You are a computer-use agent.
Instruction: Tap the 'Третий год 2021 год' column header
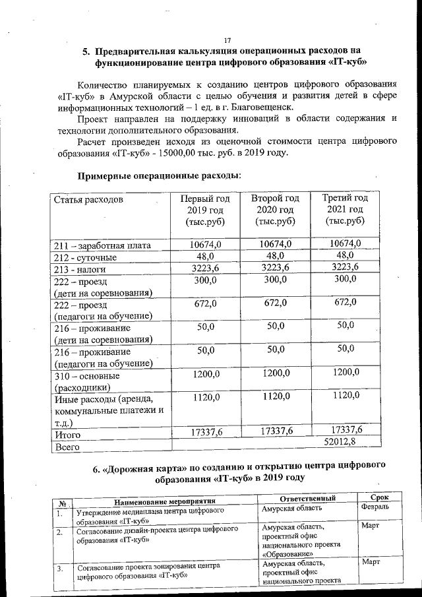point(345,209)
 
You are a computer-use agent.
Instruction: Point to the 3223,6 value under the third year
point(345,267)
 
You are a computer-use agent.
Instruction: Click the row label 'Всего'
point(67,447)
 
